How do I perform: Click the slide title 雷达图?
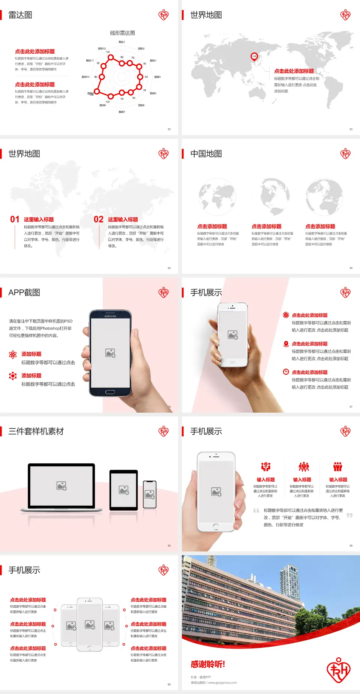tap(20, 15)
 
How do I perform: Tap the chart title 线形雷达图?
tap(122, 33)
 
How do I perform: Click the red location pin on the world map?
tap(254, 57)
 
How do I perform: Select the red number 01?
tap(15, 219)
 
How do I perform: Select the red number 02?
tap(99, 219)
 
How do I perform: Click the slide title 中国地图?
tap(206, 154)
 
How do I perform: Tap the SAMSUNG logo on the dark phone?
tap(110, 316)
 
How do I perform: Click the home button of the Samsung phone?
tap(110, 392)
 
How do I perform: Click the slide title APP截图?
tap(24, 293)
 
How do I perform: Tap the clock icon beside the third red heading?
tap(286, 372)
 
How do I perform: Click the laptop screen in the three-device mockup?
tap(61, 485)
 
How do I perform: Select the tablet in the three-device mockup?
tap(124, 490)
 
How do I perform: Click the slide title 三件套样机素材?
tap(36, 431)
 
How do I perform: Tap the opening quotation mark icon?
tap(256, 511)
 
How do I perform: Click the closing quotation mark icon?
tap(349, 515)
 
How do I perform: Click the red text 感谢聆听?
tap(208, 664)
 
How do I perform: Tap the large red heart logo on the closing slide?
tap(338, 670)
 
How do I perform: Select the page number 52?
tap(169, 129)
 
